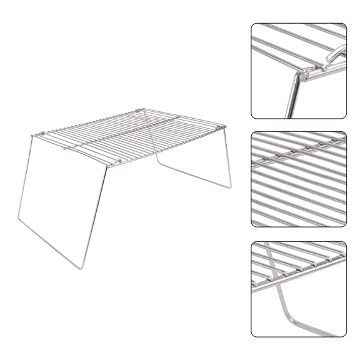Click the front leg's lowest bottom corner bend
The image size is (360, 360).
click(81, 268)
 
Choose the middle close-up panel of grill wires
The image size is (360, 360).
click(299, 179)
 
